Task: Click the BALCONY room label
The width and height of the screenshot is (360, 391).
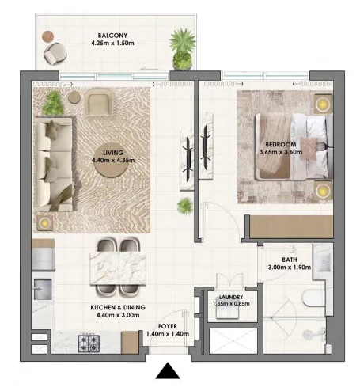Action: [112, 36]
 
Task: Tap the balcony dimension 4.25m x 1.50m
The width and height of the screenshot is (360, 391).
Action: [112, 43]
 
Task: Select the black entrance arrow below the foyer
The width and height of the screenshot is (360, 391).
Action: [168, 370]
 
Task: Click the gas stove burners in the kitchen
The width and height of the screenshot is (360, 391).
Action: [89, 343]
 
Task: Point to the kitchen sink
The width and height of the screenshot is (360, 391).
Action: [43, 289]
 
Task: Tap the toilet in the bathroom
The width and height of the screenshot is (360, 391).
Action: [314, 298]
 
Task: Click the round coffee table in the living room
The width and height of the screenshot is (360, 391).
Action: [112, 160]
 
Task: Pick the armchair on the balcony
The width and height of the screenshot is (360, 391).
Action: [55, 53]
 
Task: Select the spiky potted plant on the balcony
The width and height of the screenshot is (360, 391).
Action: [182, 49]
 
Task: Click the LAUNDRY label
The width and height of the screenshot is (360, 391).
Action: [231, 297]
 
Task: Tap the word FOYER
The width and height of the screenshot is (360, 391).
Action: [168, 326]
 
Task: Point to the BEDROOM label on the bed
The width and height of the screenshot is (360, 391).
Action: [281, 144]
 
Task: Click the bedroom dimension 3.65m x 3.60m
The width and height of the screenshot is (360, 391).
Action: [281, 152]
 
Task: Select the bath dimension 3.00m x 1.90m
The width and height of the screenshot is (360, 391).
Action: [290, 267]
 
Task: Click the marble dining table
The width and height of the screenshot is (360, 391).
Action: [118, 268]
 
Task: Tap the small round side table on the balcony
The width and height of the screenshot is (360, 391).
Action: [48, 36]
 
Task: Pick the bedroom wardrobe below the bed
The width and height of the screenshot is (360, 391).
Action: [291, 227]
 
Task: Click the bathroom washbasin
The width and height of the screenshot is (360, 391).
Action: [323, 261]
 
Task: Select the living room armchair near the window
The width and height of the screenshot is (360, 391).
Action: [98, 101]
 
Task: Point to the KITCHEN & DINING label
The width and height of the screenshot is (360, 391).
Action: [118, 307]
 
